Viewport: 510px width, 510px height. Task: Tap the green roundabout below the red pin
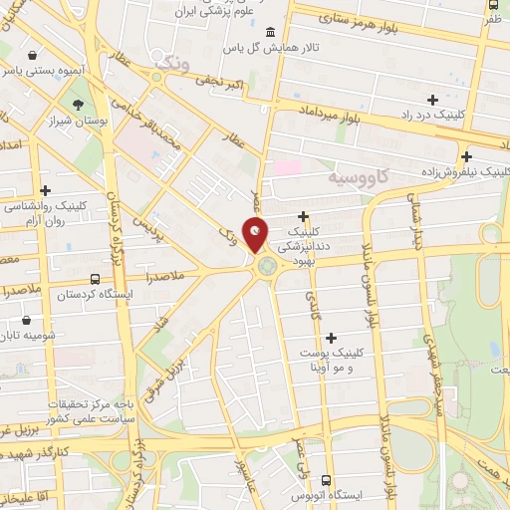tap(267, 265)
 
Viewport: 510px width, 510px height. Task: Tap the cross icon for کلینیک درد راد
tap(432, 100)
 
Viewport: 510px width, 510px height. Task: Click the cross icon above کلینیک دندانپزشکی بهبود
tap(303, 216)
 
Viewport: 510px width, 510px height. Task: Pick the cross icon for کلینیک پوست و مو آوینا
tap(331, 339)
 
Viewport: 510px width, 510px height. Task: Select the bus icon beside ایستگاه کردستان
tap(94, 280)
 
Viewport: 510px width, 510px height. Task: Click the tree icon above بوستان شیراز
tap(79, 103)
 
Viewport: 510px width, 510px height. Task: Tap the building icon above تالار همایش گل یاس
tap(272, 31)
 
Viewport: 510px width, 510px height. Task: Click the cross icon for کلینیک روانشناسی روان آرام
tap(45, 189)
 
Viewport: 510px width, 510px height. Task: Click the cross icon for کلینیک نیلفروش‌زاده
tap(495, 154)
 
